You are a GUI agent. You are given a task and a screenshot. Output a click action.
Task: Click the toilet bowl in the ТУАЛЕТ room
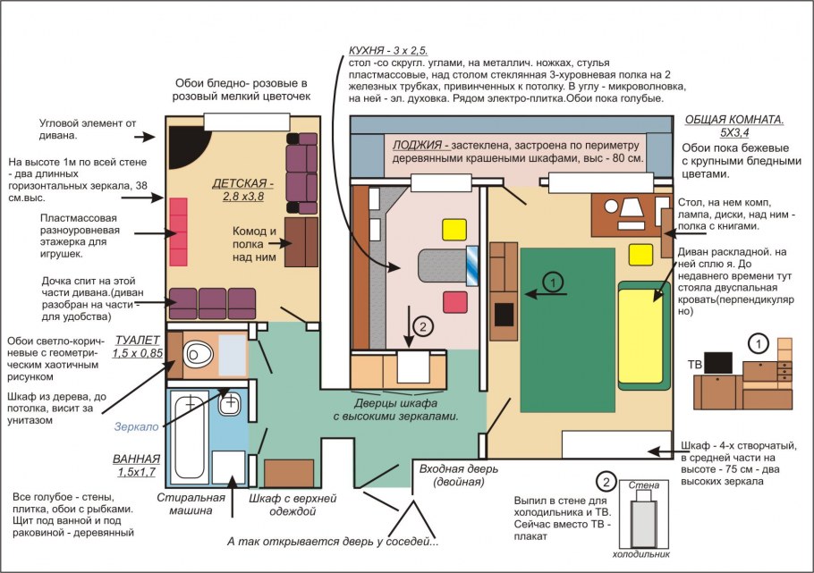coord(198,354)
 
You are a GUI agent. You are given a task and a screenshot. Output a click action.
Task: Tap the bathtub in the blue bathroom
coord(189,437)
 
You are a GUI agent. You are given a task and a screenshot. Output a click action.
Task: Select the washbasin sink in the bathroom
coord(228,403)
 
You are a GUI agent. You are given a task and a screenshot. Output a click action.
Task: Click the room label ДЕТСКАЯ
coord(242,183)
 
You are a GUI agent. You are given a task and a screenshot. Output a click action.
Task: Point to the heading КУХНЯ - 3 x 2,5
coord(388,50)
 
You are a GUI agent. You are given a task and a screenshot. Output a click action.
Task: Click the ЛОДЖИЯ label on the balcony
coord(417,145)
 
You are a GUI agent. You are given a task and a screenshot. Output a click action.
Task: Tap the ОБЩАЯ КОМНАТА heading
coord(734,120)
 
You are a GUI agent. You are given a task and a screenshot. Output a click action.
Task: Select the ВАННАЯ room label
coord(137,459)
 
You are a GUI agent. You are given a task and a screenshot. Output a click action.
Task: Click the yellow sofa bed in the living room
coord(642,335)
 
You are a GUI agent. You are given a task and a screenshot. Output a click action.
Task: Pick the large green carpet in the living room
coord(568,330)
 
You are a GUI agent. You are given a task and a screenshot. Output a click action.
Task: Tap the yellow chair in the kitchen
coord(454,230)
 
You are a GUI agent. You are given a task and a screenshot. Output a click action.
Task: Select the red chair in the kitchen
coord(455,302)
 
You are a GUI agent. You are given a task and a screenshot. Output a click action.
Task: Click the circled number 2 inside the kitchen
coord(423,327)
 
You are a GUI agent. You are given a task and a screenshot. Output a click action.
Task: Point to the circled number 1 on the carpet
coord(553,282)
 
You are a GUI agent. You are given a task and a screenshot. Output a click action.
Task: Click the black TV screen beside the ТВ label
coord(718,363)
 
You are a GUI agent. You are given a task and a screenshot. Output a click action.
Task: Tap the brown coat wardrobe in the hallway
coord(289,473)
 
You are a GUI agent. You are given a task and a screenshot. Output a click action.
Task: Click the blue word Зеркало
coord(137,426)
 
